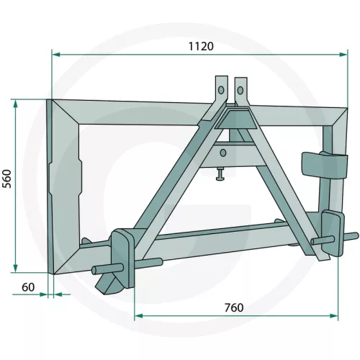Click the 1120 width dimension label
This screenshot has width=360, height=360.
[202, 45]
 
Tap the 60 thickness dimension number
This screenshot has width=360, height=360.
[28, 287]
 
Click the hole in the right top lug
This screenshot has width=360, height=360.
[240, 89]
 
